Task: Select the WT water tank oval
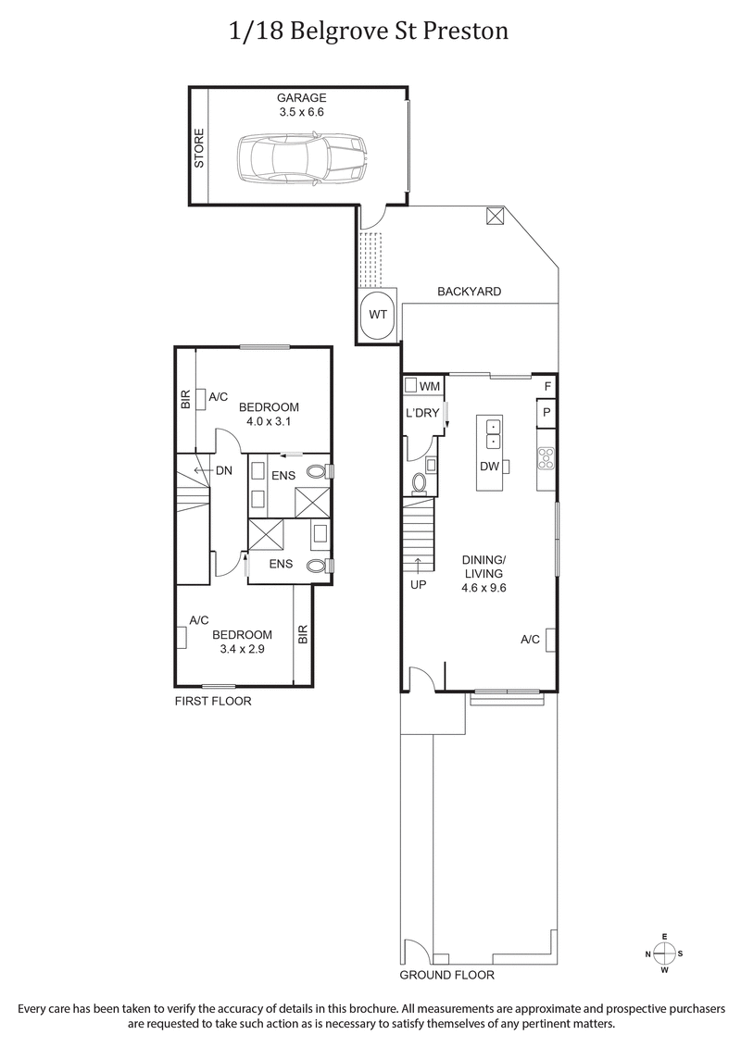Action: point(377,314)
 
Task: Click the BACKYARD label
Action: point(469,292)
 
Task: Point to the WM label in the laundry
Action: point(430,385)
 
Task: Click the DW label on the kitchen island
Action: point(489,466)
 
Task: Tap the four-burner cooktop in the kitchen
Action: point(546,456)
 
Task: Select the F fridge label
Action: point(547,386)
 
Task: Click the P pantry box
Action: point(546,413)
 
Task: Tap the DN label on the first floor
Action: point(223,470)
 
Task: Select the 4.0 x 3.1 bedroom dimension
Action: point(269,421)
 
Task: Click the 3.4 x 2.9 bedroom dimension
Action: point(242,649)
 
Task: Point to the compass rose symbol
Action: point(664,954)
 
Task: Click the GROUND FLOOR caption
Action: point(446,976)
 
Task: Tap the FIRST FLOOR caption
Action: point(213,702)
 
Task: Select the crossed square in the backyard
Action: point(496,216)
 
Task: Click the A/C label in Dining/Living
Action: point(530,640)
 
